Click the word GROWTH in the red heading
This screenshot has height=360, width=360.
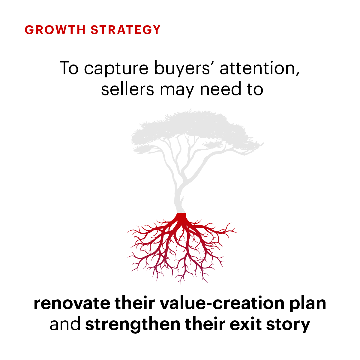pyautogui.click(x=55, y=30)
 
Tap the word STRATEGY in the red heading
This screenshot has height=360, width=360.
pyautogui.click(x=125, y=30)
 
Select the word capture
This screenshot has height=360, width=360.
pyautogui.click(x=116, y=69)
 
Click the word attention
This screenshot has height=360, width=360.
pyautogui.click(x=260, y=68)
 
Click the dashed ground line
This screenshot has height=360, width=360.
pyautogui.click(x=181, y=213)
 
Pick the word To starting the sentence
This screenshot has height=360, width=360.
pyautogui.click(x=69, y=68)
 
